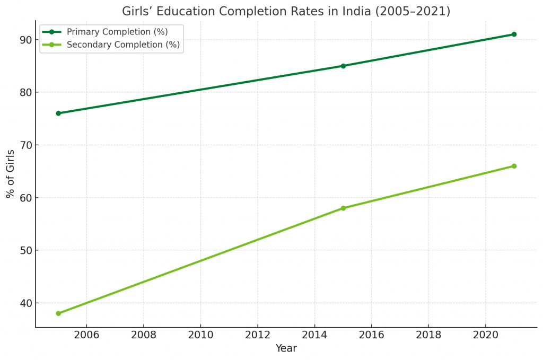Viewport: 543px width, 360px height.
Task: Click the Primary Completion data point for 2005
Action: (58, 113)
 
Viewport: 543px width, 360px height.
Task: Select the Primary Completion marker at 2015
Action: (343, 66)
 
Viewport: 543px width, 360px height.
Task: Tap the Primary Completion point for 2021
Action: (514, 34)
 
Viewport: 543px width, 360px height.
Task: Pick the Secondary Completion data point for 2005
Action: (58, 313)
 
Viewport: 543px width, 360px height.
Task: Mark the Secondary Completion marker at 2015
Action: (343, 208)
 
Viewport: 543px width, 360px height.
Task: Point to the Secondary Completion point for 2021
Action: (514, 166)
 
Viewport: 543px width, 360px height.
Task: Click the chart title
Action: (286, 11)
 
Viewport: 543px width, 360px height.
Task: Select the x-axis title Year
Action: (286, 348)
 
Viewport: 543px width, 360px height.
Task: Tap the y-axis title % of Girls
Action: (11, 173)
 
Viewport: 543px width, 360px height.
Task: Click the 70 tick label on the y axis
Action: (25, 145)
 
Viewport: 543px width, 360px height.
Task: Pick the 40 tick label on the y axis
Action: (25, 303)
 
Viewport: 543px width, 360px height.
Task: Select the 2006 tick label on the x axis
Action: (86, 335)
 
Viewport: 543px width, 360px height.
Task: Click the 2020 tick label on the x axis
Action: (485, 335)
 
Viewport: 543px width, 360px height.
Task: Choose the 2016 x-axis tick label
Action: (371, 335)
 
